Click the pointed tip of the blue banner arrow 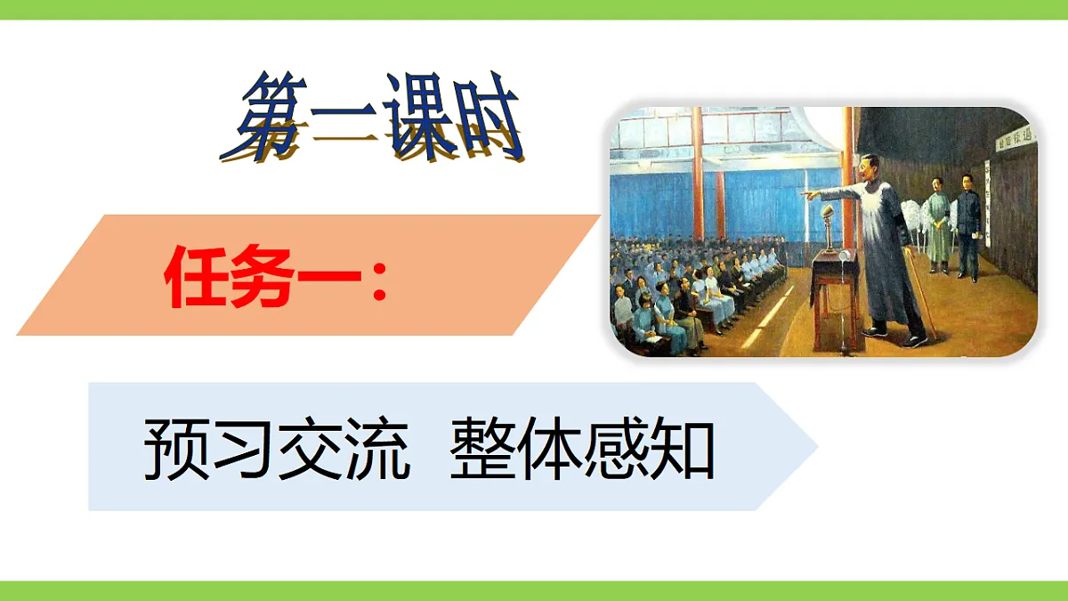(x=815, y=446)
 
